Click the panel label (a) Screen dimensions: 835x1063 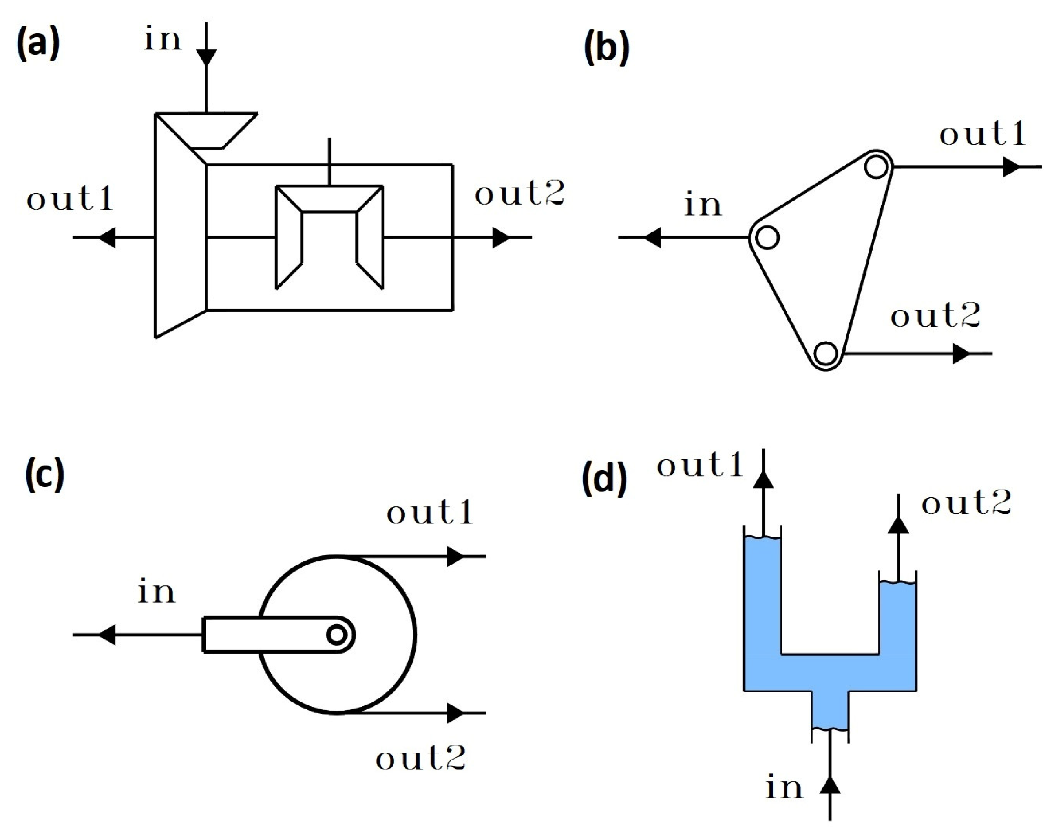point(38,44)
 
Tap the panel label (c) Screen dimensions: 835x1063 point(44,474)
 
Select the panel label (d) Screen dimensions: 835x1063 point(604,480)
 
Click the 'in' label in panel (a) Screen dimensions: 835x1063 point(162,39)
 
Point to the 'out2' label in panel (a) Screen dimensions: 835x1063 point(519,193)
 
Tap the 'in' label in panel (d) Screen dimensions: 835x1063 point(784,787)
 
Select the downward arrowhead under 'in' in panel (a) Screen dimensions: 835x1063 point(206,57)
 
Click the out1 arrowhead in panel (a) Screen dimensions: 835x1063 point(108,238)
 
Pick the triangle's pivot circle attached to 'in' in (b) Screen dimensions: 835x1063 point(767,238)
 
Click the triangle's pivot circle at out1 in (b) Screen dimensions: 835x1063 point(876,167)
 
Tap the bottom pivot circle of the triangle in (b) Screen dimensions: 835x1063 point(826,353)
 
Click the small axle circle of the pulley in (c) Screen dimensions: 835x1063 point(337,635)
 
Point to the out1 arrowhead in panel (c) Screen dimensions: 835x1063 point(455,556)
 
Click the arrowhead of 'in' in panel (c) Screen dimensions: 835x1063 point(108,635)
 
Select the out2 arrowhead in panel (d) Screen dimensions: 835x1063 point(898,525)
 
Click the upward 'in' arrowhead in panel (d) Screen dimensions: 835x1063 point(830,785)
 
